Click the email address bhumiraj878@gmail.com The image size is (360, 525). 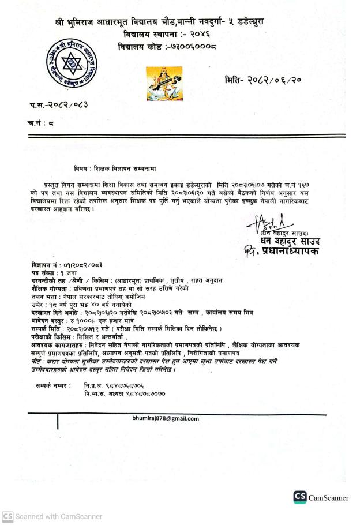(166, 418)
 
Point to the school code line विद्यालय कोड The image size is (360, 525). (160, 46)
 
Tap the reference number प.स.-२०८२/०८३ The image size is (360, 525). (57, 105)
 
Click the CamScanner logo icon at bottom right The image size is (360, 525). (299, 497)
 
